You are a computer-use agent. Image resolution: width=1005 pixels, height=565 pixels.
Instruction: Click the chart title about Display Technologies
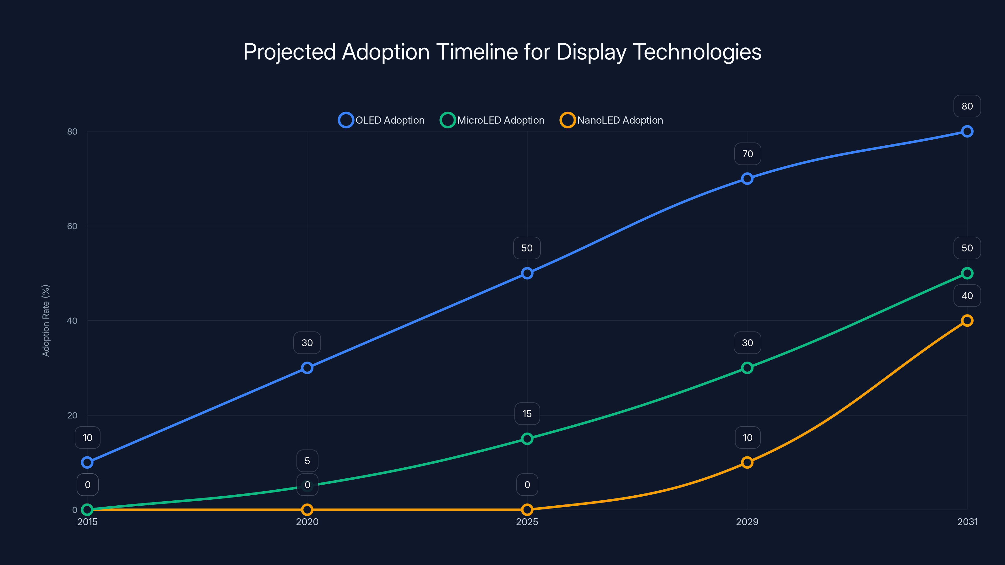[x=502, y=52]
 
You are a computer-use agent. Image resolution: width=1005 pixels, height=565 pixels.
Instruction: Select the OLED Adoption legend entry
[x=381, y=120]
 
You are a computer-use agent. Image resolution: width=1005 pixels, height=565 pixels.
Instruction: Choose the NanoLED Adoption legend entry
[x=611, y=120]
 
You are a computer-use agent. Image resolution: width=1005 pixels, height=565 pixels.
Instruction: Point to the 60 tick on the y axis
[x=72, y=226]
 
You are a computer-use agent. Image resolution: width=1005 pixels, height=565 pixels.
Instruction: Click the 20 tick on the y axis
[x=72, y=415]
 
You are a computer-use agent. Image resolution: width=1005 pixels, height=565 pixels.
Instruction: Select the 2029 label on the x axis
[x=747, y=522]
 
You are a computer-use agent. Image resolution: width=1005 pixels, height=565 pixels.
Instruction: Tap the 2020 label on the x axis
[x=307, y=522]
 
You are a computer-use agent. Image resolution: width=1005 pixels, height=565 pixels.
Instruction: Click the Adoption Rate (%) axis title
[x=46, y=320]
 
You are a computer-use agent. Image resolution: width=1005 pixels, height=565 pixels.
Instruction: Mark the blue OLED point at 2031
[x=967, y=132]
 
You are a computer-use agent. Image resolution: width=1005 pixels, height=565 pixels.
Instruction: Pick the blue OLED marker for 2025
[x=527, y=273]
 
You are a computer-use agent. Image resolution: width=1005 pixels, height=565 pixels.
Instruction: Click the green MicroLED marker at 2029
[x=747, y=368]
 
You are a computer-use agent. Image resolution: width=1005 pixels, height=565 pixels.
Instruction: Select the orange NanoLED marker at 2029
[x=747, y=462]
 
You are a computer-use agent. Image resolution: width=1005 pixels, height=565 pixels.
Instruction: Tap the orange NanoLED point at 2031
[x=967, y=320]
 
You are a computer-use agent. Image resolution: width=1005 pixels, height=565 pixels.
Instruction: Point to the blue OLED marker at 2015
[x=87, y=462]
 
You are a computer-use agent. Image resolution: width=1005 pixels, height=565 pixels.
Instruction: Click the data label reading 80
[x=967, y=106]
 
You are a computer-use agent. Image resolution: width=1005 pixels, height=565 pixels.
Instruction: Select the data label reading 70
[x=747, y=154]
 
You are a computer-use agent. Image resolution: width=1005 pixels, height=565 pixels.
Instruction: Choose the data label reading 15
[x=527, y=414]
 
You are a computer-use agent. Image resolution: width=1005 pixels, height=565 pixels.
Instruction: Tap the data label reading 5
[x=307, y=461]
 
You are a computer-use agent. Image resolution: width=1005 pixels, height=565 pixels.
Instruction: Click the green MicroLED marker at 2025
[x=527, y=439]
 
